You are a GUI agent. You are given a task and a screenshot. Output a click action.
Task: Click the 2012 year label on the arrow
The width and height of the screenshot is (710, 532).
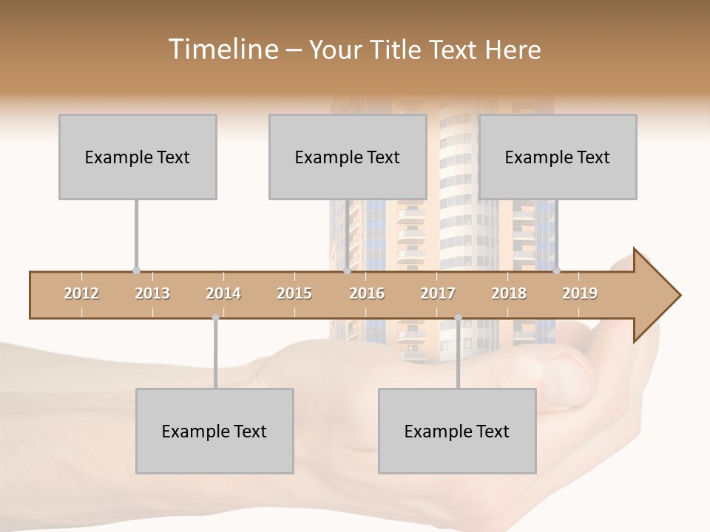coord(81,293)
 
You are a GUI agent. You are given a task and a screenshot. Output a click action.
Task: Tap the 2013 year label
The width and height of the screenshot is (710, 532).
coord(152,293)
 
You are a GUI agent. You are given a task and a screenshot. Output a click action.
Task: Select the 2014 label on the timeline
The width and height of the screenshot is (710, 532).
coord(223,293)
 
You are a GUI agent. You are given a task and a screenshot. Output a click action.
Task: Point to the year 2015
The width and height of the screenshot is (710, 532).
coord(294,293)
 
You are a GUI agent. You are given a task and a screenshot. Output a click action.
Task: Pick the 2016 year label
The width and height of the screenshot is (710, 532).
coord(367,293)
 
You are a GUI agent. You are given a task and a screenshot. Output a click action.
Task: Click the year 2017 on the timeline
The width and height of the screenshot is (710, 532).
coord(438,293)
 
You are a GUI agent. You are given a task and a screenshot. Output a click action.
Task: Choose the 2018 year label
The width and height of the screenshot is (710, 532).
coord(509,293)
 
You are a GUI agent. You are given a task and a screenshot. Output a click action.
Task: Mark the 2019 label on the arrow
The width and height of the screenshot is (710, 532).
coord(580,293)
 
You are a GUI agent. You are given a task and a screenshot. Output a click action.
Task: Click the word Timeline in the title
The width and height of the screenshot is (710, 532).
coord(221,50)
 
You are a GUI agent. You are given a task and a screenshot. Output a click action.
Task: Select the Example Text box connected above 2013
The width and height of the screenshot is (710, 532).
coord(138,157)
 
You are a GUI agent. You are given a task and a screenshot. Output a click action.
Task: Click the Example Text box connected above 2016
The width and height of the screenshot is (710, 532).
coord(348,157)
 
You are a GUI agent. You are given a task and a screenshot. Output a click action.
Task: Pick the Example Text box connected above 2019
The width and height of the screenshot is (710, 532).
coord(558,157)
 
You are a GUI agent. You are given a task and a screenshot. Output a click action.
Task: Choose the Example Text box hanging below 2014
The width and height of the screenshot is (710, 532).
coord(214,431)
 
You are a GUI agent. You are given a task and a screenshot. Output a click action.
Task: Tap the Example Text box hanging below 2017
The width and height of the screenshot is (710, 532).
coord(457,431)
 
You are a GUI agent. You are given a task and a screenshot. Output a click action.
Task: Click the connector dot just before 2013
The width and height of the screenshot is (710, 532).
coord(136,271)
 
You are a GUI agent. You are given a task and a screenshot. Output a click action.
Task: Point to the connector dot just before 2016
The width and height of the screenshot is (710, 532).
coord(347,271)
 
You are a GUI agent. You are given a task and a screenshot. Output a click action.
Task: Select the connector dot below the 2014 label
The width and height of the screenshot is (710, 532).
coord(215,318)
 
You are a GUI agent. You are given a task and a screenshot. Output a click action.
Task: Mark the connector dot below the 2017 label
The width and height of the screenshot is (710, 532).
coord(458,318)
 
